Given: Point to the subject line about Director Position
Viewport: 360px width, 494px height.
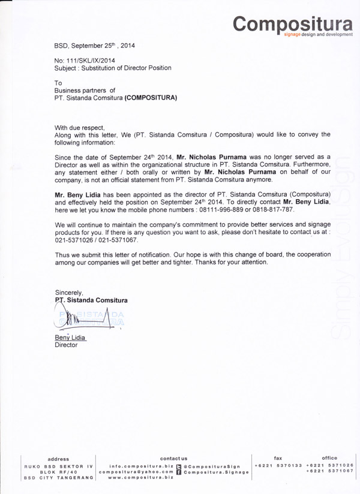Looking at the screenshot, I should pyautogui.click(x=113, y=68).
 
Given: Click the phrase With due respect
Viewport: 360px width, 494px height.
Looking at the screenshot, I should pyautogui.click(x=79, y=128).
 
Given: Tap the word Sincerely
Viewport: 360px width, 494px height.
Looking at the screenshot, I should pyautogui.click(x=68, y=292).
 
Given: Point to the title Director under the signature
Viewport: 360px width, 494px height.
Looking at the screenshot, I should pyautogui.click(x=66, y=346).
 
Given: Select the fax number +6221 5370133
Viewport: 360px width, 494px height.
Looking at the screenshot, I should pyautogui.click(x=277, y=466).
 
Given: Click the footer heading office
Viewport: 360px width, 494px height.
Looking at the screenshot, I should pyautogui.click(x=329, y=459).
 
